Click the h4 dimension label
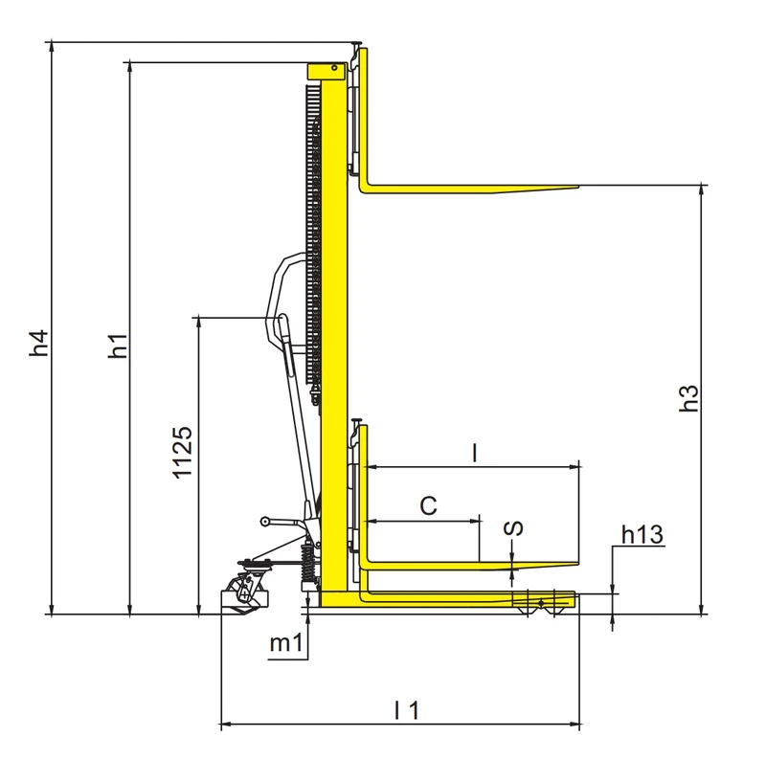39,343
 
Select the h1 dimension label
118,346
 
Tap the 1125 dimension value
183,453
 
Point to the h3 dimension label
689,398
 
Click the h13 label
642,535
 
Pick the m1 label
286,643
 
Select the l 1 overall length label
406,709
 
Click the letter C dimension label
428,505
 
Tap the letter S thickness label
513,528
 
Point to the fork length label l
474,453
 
